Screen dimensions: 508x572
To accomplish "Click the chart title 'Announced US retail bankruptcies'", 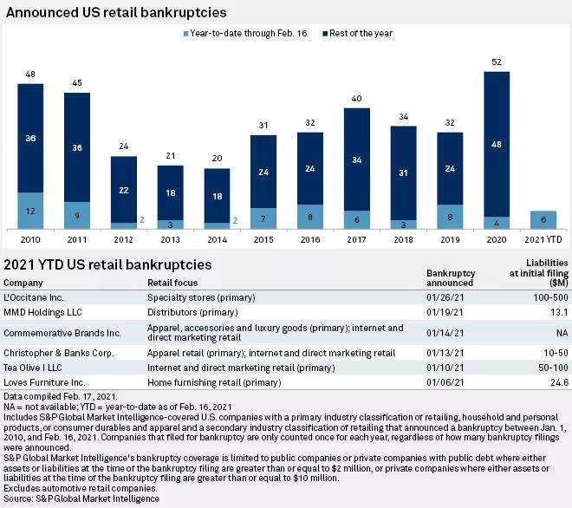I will [115, 13].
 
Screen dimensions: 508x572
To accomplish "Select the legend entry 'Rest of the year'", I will [360, 33].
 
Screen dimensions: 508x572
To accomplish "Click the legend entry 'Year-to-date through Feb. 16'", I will [249, 33].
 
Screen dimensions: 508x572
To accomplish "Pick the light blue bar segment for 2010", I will [30, 211].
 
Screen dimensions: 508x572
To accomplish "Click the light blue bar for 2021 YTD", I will [543, 220].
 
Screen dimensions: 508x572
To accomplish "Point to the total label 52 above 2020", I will [497, 62].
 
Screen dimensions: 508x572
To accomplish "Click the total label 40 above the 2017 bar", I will [357, 98].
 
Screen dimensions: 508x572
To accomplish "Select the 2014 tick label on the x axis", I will [217, 238].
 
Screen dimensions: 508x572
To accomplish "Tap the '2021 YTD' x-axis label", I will [543, 238].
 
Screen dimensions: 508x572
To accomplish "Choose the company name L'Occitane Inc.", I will [33, 297].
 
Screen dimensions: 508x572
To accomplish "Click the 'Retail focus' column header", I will [172, 283].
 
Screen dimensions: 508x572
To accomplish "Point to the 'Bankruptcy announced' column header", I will [451, 277].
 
